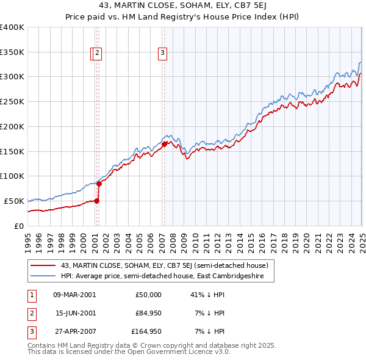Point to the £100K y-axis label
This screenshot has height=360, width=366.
point(12,176)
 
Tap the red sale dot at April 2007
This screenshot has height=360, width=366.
point(164,144)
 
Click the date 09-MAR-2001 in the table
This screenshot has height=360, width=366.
point(74,294)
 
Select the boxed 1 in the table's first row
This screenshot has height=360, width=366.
point(30,295)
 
